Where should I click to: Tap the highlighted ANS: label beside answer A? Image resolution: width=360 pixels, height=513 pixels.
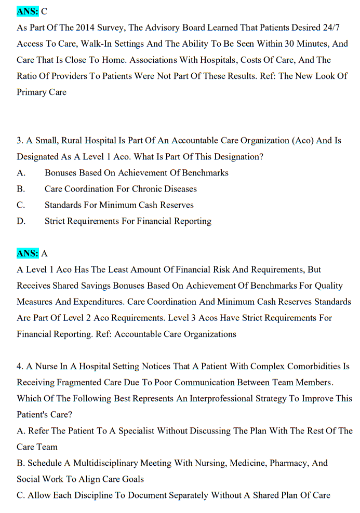pyautogui.click(x=28, y=253)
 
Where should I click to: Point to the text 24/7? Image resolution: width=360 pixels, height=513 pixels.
pyautogui.click(x=327, y=28)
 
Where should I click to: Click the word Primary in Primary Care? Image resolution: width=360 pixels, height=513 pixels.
pyautogui.click(x=32, y=92)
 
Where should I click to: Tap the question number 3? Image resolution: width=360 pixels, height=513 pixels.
pyautogui.click(x=20, y=140)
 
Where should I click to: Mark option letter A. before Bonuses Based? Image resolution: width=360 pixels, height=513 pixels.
pyautogui.click(x=21, y=172)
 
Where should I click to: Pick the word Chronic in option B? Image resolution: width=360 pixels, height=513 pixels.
pyautogui.click(x=134, y=188)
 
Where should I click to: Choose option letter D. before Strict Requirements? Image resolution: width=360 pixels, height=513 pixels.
pyautogui.click(x=21, y=221)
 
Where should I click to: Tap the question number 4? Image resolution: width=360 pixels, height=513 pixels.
pyautogui.click(x=20, y=366)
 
